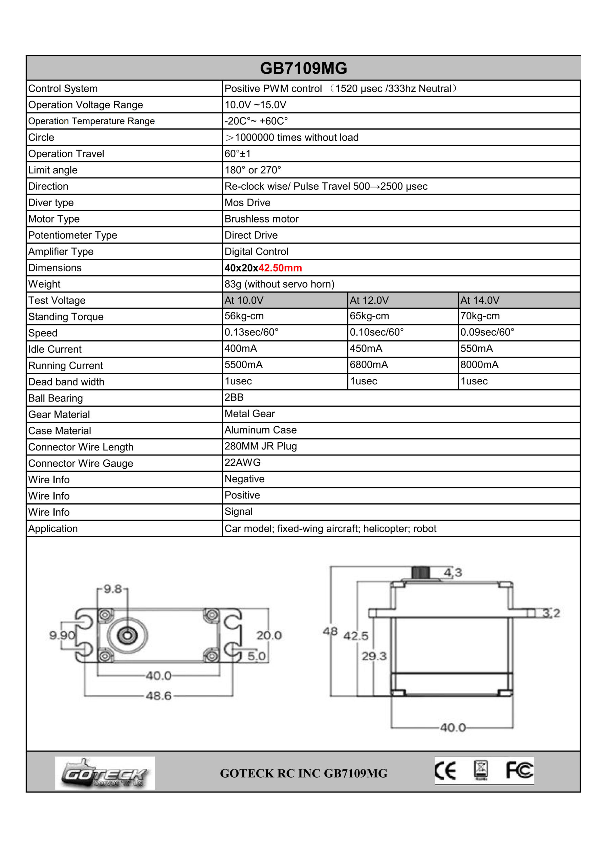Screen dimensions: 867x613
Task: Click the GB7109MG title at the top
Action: point(304,68)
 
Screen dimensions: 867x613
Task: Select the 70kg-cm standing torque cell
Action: point(480,316)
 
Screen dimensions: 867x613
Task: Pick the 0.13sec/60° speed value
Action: point(251,332)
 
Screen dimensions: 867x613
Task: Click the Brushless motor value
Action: point(262,219)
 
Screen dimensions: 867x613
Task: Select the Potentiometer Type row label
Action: point(73,235)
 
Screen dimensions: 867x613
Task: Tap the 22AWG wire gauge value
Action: point(243,463)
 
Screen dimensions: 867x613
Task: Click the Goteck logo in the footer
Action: point(105,773)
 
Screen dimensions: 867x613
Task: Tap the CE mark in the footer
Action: point(445,771)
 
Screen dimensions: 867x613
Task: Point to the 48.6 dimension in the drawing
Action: point(158,696)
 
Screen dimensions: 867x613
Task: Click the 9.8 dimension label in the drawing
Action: point(112,589)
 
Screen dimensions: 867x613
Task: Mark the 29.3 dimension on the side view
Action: point(374,656)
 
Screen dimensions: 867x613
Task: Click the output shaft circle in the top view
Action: point(127,636)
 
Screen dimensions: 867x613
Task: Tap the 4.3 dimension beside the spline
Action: point(453,573)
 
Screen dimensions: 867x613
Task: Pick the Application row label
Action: point(53,529)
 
